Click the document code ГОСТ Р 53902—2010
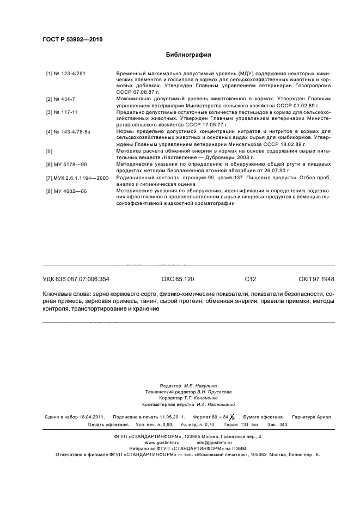point(72,40)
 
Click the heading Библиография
point(188,54)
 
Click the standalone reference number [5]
point(50,150)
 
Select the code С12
point(250,279)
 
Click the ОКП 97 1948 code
point(316,279)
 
